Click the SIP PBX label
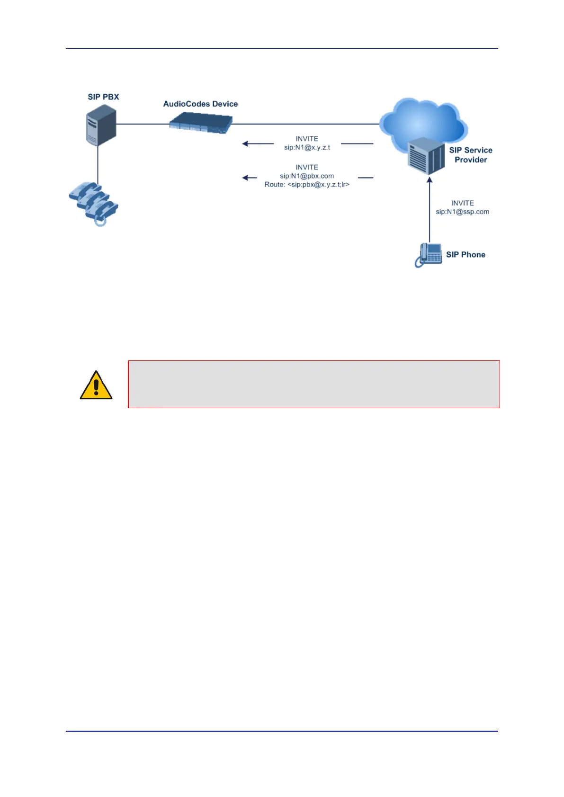[x=103, y=97]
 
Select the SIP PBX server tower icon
[x=101, y=125]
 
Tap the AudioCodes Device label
[x=200, y=104]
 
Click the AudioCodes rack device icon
[x=201, y=124]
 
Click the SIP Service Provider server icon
[x=426, y=156]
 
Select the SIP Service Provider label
[x=471, y=155]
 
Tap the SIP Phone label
[x=466, y=255]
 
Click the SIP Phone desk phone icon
[x=429, y=255]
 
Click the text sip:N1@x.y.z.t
[x=307, y=148]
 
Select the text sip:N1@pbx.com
[x=307, y=176]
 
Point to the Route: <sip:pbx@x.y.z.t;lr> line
[x=307, y=185]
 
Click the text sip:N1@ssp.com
[x=462, y=212]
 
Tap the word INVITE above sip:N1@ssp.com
[x=462, y=203]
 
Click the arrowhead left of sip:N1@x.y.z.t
[x=245, y=143]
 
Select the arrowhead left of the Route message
[x=245, y=178]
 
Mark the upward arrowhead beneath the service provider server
[x=430, y=179]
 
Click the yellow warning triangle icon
[x=96, y=385]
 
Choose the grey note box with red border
[x=313, y=384]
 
